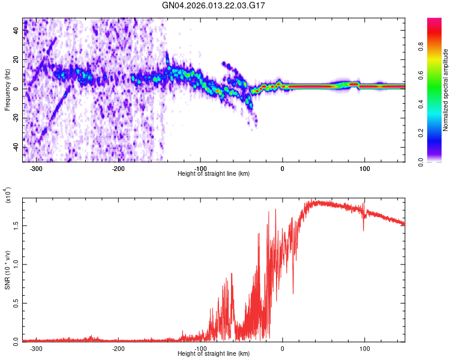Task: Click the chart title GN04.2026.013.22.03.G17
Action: [214, 5]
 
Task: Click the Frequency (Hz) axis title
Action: [7, 91]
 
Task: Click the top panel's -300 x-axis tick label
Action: [37, 168]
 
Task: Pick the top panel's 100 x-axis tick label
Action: [364, 168]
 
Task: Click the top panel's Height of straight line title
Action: [214, 173]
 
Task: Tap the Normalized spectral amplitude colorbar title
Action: [445, 91]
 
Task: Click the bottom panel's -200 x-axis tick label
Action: [118, 348]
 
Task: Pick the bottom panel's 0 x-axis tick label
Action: [283, 348]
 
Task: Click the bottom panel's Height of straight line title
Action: [214, 354]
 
